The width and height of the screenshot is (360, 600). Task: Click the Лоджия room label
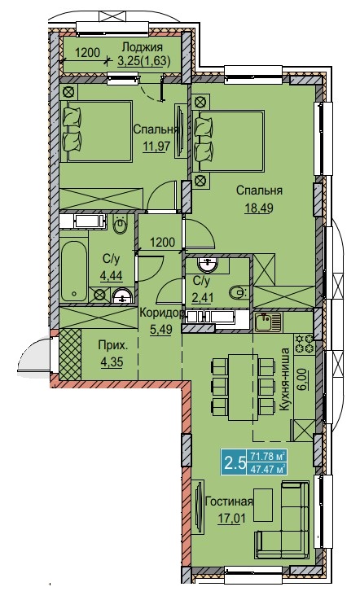tap(142, 47)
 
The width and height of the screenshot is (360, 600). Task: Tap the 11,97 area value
tap(156, 147)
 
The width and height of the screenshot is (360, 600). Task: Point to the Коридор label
tap(161, 313)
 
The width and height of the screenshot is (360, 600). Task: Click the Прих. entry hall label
tap(113, 346)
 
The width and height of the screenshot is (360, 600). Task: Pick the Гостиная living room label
tap(229, 501)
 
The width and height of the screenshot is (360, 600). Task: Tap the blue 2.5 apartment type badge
tap(234, 463)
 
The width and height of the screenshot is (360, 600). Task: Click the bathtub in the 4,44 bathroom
tap(74, 272)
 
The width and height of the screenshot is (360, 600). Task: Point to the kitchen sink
tap(268, 322)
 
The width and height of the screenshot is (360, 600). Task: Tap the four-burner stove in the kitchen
tap(304, 344)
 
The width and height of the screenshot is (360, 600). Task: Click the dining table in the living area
tap(243, 388)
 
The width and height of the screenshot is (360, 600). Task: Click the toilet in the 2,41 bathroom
tap(239, 294)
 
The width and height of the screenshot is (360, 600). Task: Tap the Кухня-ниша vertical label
tap(284, 379)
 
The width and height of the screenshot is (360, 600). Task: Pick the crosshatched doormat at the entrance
tap(71, 355)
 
